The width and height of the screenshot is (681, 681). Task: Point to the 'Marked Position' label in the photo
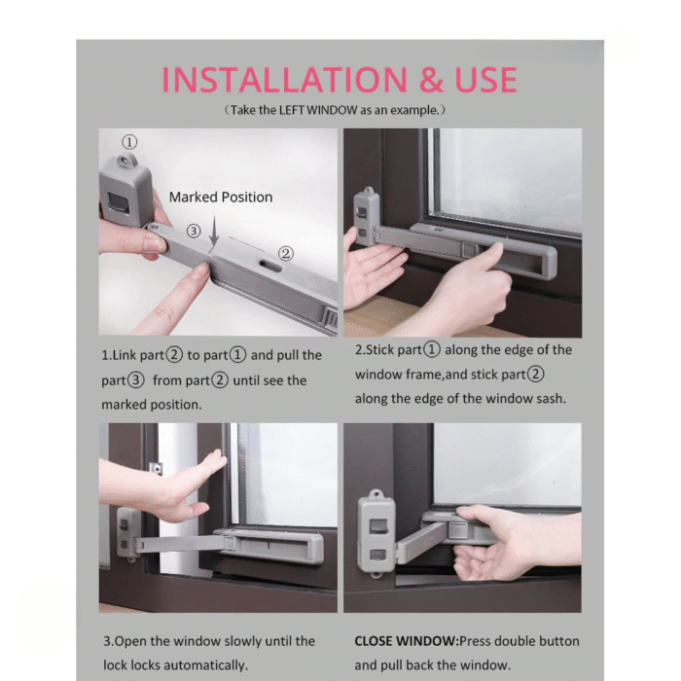221,197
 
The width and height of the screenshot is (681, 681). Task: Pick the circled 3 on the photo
194,231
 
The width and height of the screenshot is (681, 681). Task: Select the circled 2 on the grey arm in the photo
285,253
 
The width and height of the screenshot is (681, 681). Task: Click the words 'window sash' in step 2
529,399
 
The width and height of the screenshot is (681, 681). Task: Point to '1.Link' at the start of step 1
122,355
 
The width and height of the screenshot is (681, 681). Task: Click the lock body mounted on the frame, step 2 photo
367,217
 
